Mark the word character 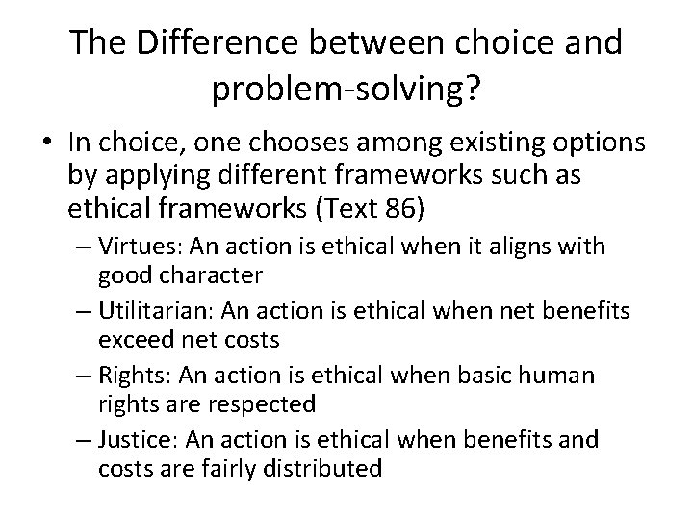click(x=214, y=276)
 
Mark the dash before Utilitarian click(x=82, y=311)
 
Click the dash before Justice click(x=82, y=440)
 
